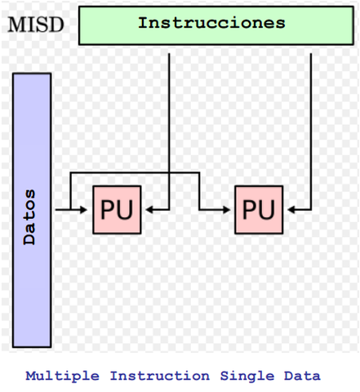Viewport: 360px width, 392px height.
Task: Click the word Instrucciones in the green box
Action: (x=211, y=23)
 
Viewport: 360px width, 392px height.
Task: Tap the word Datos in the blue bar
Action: (x=30, y=219)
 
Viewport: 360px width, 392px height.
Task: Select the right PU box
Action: (x=259, y=210)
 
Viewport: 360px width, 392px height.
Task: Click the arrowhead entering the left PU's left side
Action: (x=87, y=210)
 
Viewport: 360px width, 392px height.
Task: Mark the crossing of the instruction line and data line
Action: (x=168, y=173)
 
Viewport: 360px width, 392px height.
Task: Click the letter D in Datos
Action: (x=30, y=241)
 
